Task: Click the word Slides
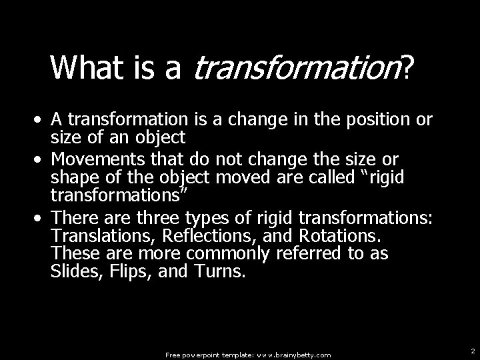tap(71, 271)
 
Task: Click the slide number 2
tap(472, 351)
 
